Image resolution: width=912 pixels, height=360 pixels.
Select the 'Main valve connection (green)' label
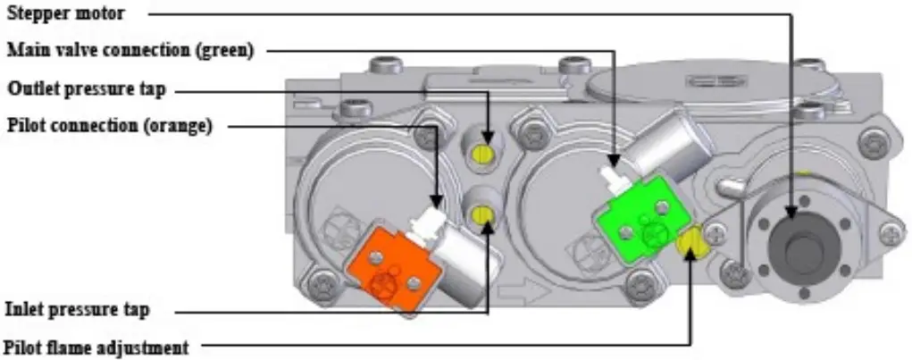pos(130,51)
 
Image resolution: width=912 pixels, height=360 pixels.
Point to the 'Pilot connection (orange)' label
pos(109,126)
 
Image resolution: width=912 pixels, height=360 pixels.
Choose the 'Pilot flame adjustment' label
pos(96,347)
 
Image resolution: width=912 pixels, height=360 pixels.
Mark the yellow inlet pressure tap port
pos(483,214)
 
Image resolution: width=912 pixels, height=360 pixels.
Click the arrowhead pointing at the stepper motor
pos(791,213)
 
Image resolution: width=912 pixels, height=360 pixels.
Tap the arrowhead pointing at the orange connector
pos(436,201)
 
